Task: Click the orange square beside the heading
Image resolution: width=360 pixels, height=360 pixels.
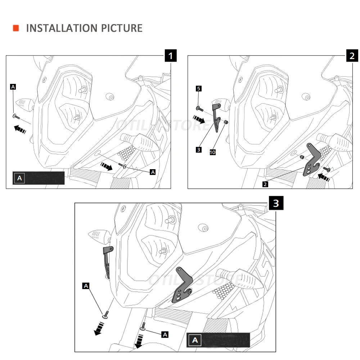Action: [x=16, y=28]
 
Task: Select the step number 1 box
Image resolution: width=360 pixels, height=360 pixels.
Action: [x=171, y=55]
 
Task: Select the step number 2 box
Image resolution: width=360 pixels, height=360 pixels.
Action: [x=352, y=55]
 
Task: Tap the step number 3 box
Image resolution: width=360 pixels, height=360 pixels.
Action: [x=276, y=203]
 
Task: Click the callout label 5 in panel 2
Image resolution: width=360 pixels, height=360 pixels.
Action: [x=198, y=88]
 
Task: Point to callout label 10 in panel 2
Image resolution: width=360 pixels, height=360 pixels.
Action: [x=212, y=153]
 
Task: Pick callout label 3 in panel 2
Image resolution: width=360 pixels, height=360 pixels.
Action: [x=198, y=149]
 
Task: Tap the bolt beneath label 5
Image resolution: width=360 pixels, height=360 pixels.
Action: [x=199, y=108]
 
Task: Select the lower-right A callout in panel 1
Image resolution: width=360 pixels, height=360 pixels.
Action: [x=153, y=172]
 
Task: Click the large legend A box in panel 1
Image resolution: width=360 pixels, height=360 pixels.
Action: [x=19, y=178]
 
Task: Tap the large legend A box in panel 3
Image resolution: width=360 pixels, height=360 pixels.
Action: [x=195, y=340]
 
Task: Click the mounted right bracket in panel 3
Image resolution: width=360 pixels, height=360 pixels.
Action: [x=183, y=284]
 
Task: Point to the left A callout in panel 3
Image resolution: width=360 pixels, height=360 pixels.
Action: [x=86, y=286]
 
